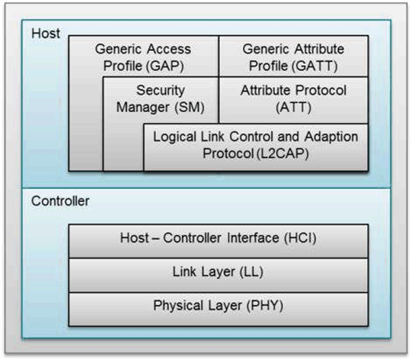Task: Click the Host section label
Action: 45,33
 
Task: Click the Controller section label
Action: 59,200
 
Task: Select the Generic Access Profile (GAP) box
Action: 142,57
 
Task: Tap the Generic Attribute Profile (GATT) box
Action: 293,57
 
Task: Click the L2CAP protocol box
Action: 255,145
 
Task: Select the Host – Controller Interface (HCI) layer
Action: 218,238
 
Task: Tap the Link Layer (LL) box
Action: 218,272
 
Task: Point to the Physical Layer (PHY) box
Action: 218,306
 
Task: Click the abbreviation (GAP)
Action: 168,66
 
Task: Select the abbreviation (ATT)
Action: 293,106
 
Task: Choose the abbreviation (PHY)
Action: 263,306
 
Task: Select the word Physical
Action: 177,306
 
